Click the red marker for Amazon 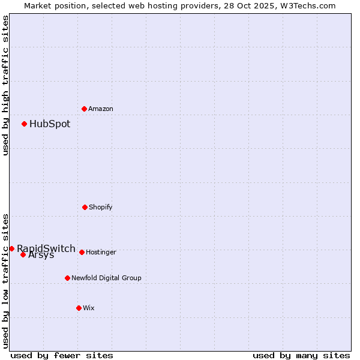(x=84, y=109)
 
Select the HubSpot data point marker (x=24, y=124)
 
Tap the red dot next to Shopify (x=85, y=207)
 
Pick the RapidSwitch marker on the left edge (x=11, y=248)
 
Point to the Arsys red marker (x=23, y=254)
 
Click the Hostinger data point (x=82, y=252)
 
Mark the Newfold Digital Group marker (x=67, y=278)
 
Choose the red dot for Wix (x=79, y=308)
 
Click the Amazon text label (x=101, y=109)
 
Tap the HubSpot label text (x=50, y=124)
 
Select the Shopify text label (x=101, y=207)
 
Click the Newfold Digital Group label (x=106, y=278)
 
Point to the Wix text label (x=89, y=308)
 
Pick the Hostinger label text (x=101, y=252)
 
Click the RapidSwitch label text (x=46, y=248)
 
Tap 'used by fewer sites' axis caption (x=62, y=355)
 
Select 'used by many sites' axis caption (x=301, y=355)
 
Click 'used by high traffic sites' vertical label (x=5, y=85)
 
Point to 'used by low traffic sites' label (x=5, y=281)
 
